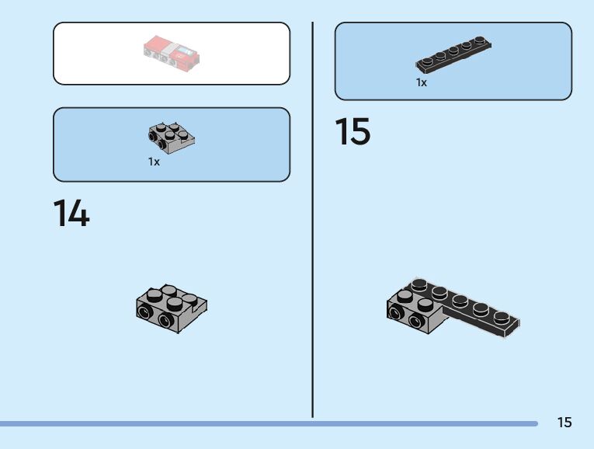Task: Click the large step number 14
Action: click(71, 214)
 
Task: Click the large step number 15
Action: click(353, 132)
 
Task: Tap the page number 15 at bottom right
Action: click(564, 423)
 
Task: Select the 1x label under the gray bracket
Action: click(154, 162)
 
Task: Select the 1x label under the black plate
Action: click(421, 82)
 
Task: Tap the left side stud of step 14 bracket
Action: click(144, 313)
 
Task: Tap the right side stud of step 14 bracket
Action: click(164, 321)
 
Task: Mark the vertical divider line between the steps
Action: click(313, 218)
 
